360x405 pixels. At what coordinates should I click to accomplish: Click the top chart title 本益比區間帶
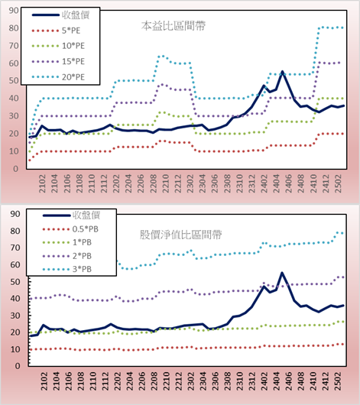click(174, 26)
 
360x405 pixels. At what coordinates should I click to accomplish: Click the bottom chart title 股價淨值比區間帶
click(181, 235)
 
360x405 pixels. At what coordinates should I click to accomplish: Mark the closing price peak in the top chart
click(282, 72)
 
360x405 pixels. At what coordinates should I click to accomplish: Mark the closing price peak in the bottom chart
click(282, 273)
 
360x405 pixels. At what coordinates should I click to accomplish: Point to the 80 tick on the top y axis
click(14, 28)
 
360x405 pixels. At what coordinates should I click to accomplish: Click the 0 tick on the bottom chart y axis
click(18, 366)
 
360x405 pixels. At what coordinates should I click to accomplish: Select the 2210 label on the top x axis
click(165, 183)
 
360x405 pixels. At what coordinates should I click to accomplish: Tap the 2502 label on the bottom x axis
click(338, 381)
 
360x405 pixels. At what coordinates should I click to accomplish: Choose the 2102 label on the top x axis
click(42, 183)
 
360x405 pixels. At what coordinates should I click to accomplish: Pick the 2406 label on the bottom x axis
click(289, 381)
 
